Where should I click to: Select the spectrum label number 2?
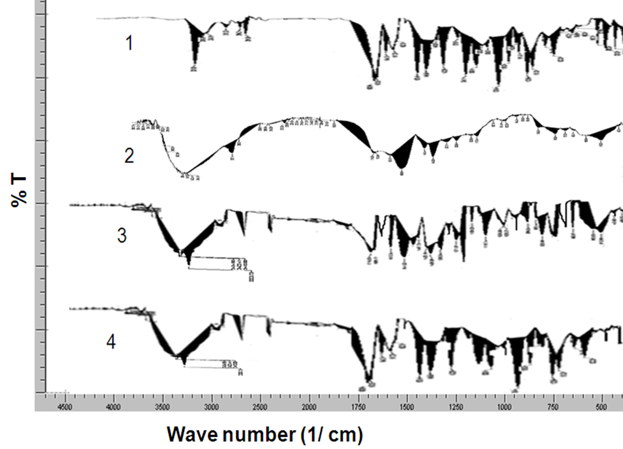[x=129, y=155]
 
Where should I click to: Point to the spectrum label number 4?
[x=111, y=343]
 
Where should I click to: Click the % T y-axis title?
[x=18, y=188]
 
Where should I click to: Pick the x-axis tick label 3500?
[x=162, y=406]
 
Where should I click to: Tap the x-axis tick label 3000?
[x=211, y=406]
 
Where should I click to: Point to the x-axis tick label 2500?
[x=260, y=406]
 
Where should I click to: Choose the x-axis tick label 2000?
[x=309, y=406]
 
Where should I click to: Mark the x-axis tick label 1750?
[x=358, y=406]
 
